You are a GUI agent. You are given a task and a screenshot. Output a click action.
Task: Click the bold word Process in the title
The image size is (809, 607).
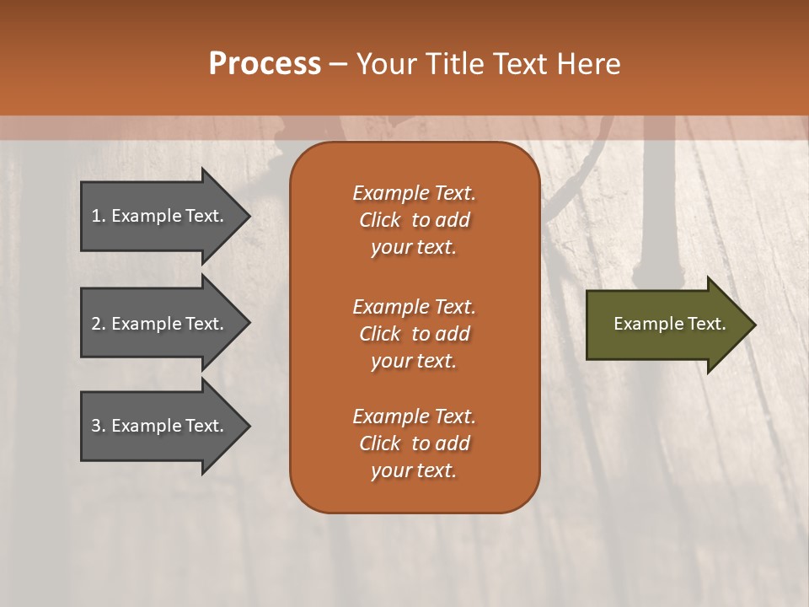click(x=265, y=64)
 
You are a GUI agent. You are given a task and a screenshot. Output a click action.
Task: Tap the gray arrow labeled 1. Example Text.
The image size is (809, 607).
click(x=160, y=216)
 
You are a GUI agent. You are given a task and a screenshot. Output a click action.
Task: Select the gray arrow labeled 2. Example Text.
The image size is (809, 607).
click(x=160, y=324)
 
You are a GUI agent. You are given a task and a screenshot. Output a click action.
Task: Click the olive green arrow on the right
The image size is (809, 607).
click(x=666, y=325)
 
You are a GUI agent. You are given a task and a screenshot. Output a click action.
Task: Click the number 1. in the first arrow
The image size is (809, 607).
click(x=98, y=216)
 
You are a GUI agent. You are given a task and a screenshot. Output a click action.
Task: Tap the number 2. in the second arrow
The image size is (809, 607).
click(x=98, y=324)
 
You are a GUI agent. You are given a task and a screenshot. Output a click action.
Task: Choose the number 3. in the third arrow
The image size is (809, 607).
click(x=98, y=427)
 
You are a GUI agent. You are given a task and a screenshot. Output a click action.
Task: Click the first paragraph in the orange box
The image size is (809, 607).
click(x=414, y=220)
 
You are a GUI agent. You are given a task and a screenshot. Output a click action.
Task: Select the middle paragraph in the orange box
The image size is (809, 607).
click(x=414, y=334)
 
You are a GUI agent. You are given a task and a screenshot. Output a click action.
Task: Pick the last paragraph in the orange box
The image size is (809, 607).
click(x=414, y=443)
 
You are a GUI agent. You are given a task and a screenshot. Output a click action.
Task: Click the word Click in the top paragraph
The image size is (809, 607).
click(x=380, y=220)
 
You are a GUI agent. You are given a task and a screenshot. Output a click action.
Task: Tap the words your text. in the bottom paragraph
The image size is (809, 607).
click(x=414, y=470)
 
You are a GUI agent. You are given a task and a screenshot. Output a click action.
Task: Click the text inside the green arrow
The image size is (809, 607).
click(x=669, y=324)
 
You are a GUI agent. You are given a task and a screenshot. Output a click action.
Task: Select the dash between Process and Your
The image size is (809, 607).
click(x=338, y=65)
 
